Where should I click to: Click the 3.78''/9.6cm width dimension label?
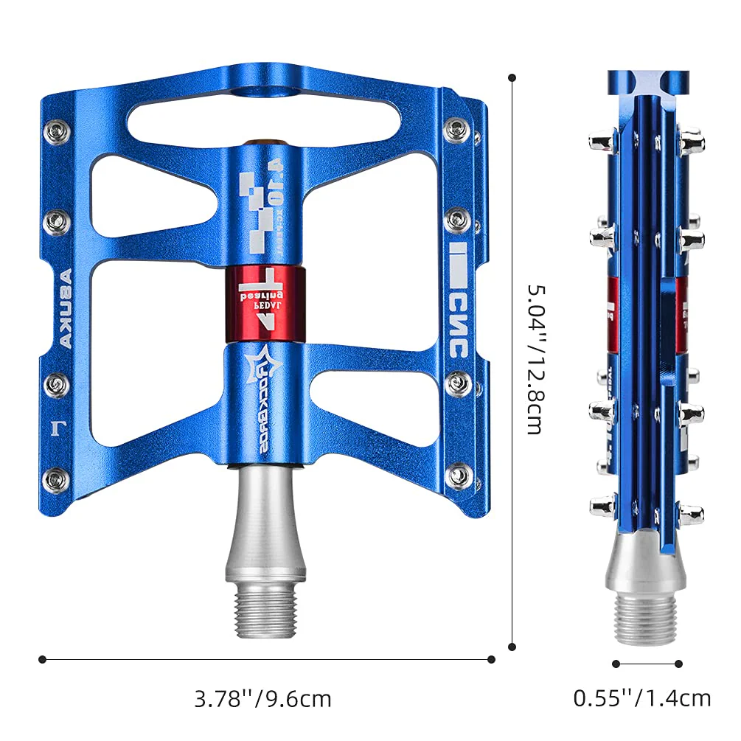263,698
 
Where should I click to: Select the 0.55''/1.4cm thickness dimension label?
642,697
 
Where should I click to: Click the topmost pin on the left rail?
57,133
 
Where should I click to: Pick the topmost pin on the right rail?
457,128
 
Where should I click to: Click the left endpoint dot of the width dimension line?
42,659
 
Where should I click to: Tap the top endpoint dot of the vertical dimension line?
512,77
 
